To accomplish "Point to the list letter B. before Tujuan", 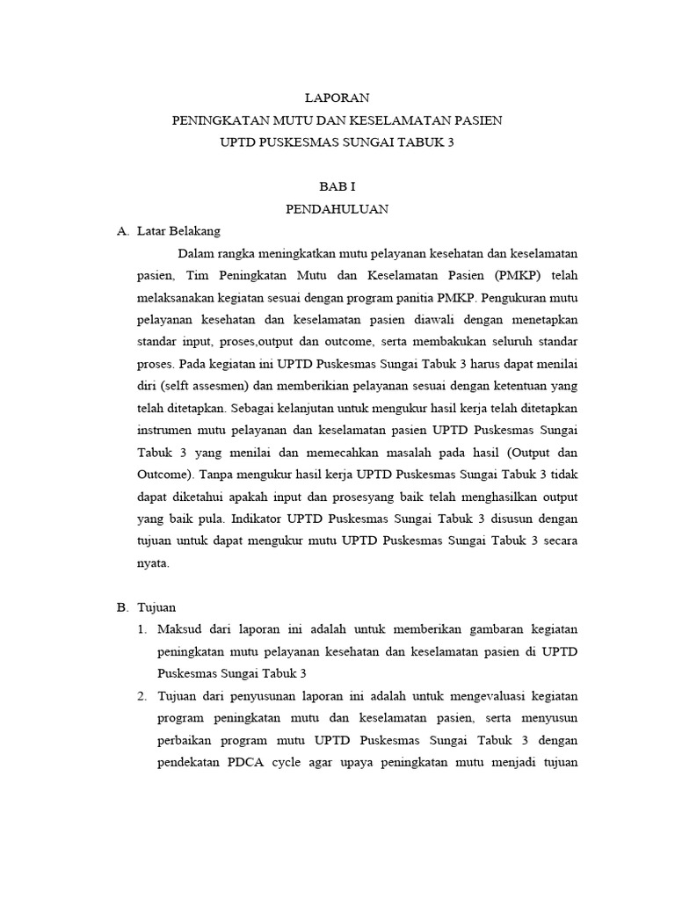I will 122,607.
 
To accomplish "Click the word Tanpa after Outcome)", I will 221,475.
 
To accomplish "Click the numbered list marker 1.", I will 143,629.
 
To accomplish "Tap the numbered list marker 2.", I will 143,696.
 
